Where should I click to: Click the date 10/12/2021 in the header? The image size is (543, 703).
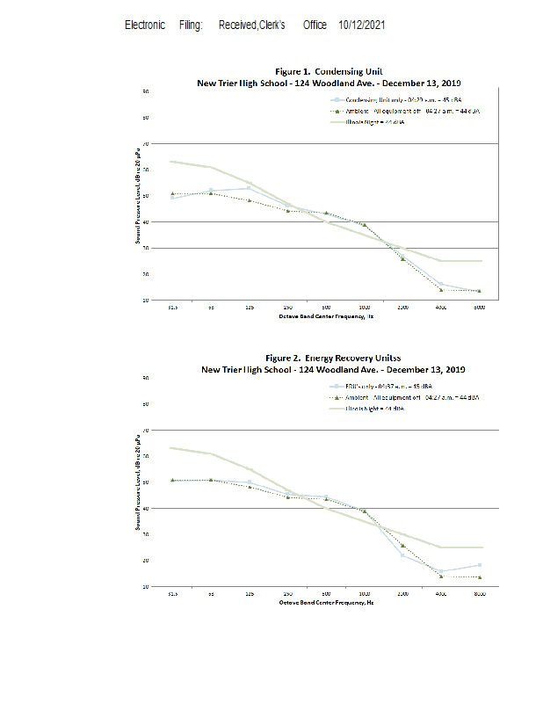tap(361, 25)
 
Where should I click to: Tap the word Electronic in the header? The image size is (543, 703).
tap(145, 25)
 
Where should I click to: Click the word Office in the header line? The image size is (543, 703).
tap(315, 25)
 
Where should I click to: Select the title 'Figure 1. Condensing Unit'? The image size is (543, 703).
tap(329, 71)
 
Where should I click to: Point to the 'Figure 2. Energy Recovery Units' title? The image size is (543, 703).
tap(331, 359)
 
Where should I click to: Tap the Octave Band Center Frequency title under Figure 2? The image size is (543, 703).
tap(326, 603)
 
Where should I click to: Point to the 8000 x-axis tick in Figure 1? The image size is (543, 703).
tap(479, 308)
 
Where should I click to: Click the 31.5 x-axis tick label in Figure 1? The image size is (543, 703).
tap(172, 308)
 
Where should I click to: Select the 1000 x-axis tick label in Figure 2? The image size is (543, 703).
tap(364, 594)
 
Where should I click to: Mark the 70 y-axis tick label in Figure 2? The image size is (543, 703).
tap(146, 430)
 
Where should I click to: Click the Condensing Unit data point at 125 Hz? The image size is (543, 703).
tap(250, 188)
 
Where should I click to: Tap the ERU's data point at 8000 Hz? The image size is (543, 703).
tap(479, 565)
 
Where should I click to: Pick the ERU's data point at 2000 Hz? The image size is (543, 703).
tap(402, 554)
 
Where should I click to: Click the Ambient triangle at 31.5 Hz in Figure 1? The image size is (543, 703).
tap(173, 193)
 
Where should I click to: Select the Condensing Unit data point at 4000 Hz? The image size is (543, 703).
tap(441, 285)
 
